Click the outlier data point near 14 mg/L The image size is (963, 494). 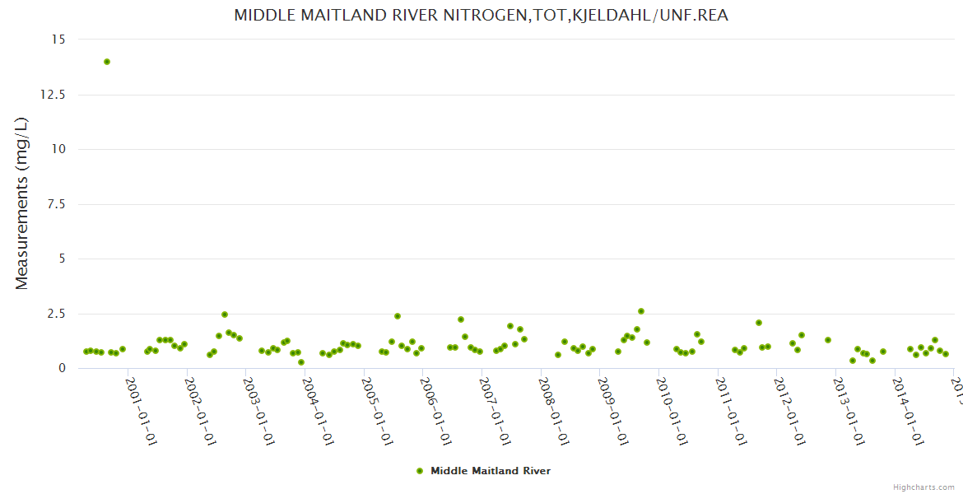point(107,62)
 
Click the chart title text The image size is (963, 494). point(481,16)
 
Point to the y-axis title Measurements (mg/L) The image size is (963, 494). point(22,203)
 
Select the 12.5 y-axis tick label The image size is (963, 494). point(53,95)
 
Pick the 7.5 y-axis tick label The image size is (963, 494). point(56,204)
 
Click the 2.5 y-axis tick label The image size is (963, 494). point(56,314)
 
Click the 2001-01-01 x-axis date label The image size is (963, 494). point(141,412)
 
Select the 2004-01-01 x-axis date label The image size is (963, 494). point(318,412)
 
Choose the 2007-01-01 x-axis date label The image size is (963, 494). point(495,412)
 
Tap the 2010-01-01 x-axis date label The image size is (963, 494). point(672,412)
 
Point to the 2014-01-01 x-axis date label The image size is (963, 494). point(909,412)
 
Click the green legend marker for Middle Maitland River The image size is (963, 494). point(420,471)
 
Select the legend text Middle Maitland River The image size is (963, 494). point(491,471)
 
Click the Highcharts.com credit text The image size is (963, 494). point(923,487)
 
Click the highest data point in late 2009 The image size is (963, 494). point(641,311)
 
